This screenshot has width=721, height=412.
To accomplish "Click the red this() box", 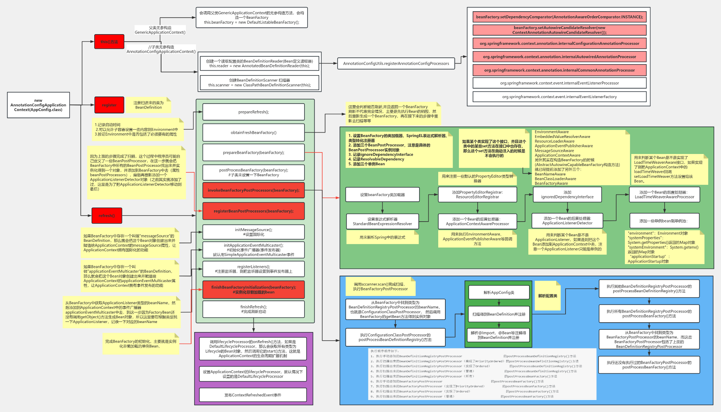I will pos(109,42).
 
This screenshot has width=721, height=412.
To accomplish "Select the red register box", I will pos(109,105).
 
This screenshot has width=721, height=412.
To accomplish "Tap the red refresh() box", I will pos(107,216).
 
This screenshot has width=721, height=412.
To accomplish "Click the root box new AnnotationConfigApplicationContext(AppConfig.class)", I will pos(38,105).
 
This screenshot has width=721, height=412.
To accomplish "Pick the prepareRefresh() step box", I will pos(253,112).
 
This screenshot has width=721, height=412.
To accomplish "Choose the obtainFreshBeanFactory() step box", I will pos(253,133).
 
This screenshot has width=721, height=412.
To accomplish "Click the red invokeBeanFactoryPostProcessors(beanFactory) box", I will pos(253,190).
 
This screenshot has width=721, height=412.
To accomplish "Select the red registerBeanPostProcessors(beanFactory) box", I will pos(253,211).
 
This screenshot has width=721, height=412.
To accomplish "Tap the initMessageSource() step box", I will pos(253,232).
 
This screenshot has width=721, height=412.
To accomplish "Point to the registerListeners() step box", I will pos(253,269).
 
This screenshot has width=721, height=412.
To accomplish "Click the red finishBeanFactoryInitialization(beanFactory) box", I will pos(253,290).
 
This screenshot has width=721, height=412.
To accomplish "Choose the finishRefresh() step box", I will pos(253,309).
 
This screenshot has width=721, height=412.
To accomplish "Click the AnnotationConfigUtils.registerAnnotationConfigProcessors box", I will pos(396,63).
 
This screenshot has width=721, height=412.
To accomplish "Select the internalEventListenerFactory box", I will pos(559,97).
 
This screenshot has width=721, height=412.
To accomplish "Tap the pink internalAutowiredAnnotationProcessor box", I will pos(559,57).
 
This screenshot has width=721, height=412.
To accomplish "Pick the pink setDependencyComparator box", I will pos(559,17).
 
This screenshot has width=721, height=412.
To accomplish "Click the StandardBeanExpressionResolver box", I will pos(382,222).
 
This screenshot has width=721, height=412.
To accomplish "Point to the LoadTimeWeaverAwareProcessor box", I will pos(664,195).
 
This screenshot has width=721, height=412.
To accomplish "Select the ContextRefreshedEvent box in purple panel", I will pos(253,395).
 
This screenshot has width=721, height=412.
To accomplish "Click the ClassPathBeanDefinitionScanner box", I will pos(259,83).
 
